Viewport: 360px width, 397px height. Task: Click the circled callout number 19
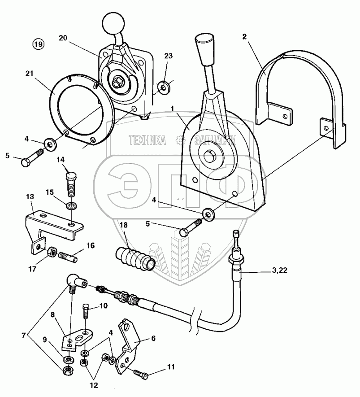[x=38, y=44]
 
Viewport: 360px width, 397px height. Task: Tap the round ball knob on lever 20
[x=113, y=23]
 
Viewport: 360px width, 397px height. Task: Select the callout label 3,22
[x=280, y=270]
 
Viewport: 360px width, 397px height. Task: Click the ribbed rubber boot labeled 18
[x=135, y=258]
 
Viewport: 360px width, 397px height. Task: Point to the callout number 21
[x=29, y=74]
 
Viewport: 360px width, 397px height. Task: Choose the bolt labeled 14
[x=71, y=184]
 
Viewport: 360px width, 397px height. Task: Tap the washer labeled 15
[x=72, y=205]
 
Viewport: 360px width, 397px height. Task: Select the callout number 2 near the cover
[x=244, y=36]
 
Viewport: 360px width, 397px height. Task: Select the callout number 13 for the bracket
[x=30, y=197]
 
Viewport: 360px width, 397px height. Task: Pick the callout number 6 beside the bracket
[x=153, y=338]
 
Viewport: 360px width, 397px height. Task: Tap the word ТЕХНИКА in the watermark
[x=147, y=140]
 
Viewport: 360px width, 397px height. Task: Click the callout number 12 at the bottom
[x=94, y=385]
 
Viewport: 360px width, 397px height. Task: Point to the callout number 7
[x=23, y=336]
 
